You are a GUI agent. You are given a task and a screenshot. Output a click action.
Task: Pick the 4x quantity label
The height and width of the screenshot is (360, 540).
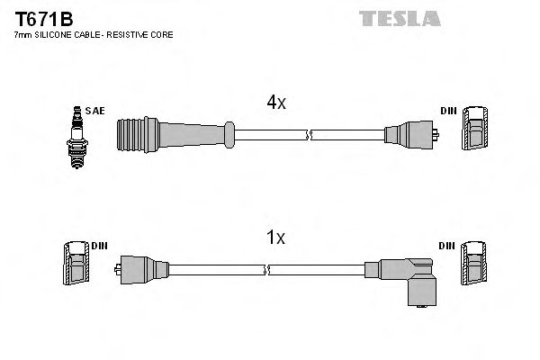point(275,103)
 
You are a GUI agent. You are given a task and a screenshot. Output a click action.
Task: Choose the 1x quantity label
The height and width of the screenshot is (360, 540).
point(275,238)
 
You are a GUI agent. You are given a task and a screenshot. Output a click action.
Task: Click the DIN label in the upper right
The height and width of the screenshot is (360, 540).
point(447,111)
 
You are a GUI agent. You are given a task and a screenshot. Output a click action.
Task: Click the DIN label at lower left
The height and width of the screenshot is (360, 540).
point(99,245)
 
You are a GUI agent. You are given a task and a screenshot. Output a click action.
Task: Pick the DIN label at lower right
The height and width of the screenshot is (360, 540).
point(447,245)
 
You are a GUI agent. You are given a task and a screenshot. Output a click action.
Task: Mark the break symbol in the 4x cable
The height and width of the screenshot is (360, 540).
point(309,136)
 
